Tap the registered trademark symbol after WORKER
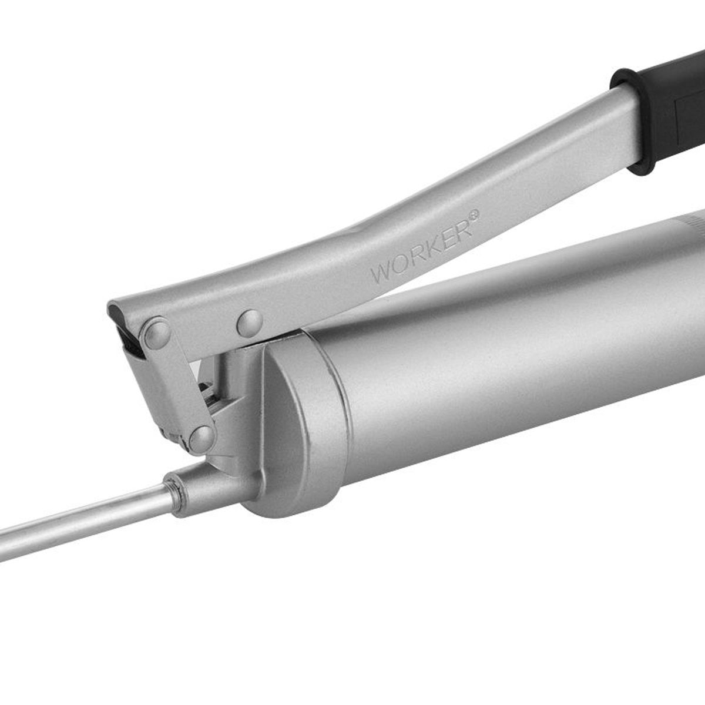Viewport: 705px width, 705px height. [x=474, y=216]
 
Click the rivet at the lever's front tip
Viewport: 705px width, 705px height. [x=157, y=333]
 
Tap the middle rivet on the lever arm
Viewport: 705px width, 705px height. [x=250, y=323]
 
